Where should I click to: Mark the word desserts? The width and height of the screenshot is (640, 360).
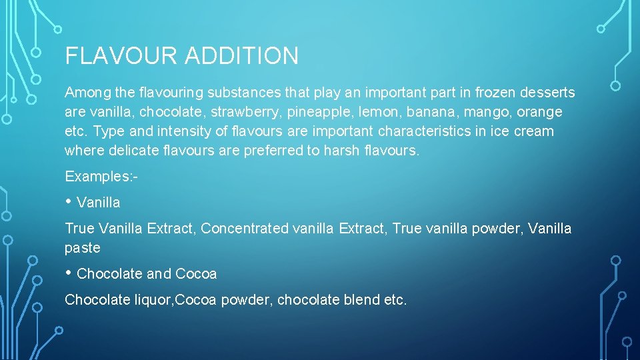pyautogui.click(x=546, y=93)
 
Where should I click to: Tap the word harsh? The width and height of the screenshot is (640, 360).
pyautogui.click(x=341, y=151)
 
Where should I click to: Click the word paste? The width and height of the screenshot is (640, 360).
pyautogui.click(x=82, y=248)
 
